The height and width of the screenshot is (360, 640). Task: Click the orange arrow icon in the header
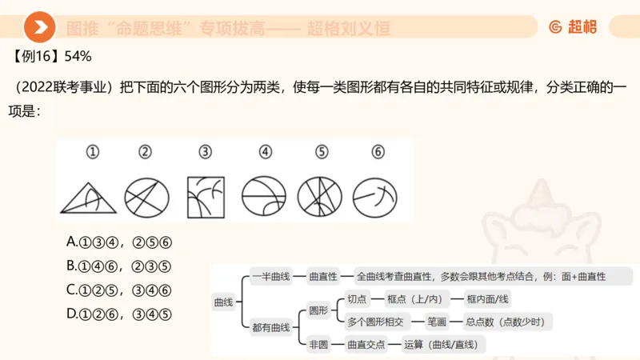(x=39, y=28)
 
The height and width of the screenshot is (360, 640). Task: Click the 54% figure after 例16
(x=78, y=56)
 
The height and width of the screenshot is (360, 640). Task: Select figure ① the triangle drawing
(x=89, y=196)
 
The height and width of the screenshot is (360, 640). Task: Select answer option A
(x=120, y=242)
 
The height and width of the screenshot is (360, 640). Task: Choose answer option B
(x=120, y=266)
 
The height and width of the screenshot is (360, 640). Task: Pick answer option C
(x=120, y=290)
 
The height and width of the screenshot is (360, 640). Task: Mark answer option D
(x=120, y=314)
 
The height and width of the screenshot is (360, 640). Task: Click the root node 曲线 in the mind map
(x=222, y=302)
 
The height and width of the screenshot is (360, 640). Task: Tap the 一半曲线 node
(x=270, y=276)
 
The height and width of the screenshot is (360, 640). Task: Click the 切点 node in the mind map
(x=357, y=298)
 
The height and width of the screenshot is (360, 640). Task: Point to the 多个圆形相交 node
(x=374, y=322)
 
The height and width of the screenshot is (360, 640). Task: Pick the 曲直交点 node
(x=365, y=345)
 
